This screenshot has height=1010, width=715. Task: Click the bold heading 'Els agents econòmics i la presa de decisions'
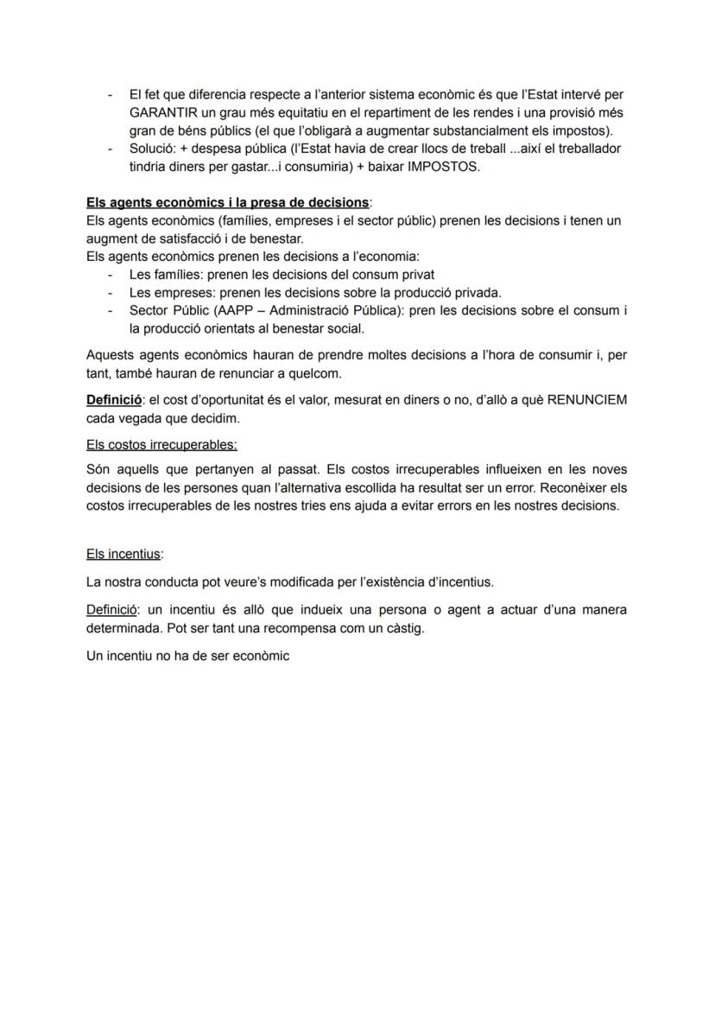point(227,202)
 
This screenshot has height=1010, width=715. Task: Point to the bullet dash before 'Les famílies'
point(110,275)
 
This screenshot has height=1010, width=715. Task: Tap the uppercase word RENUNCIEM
point(587,401)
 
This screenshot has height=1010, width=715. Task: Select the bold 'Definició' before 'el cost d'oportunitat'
point(114,401)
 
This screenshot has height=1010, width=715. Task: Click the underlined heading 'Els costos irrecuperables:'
point(161,445)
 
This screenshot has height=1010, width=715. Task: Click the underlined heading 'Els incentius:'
point(124,554)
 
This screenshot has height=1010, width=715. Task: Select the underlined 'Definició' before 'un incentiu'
point(114,610)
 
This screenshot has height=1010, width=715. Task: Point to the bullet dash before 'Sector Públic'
point(110,310)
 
